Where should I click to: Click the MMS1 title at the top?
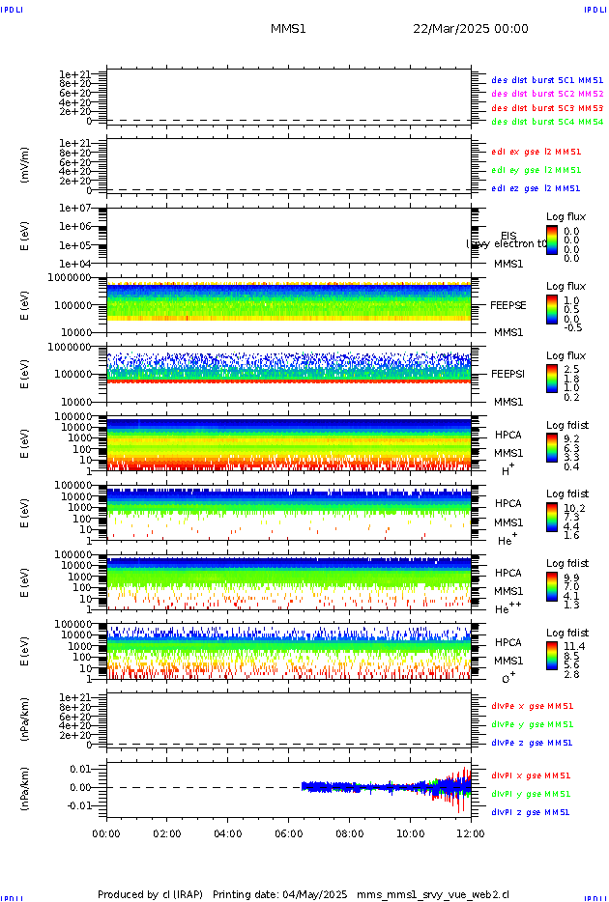[x=288, y=29]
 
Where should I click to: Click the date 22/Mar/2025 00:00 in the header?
[x=471, y=29]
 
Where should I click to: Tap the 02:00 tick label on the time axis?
[x=167, y=833]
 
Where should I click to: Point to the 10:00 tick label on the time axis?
[x=411, y=833]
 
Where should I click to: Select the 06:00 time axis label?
[x=289, y=833]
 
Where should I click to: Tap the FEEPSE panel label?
[x=508, y=305]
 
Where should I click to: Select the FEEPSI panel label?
[x=508, y=374]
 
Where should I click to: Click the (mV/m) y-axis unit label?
[x=26, y=165]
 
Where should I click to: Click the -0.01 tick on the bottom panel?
[x=79, y=805]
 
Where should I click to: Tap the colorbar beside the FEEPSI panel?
[x=551, y=382]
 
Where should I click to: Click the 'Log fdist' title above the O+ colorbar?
[x=566, y=633]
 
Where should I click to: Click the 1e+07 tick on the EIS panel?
[x=74, y=208]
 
